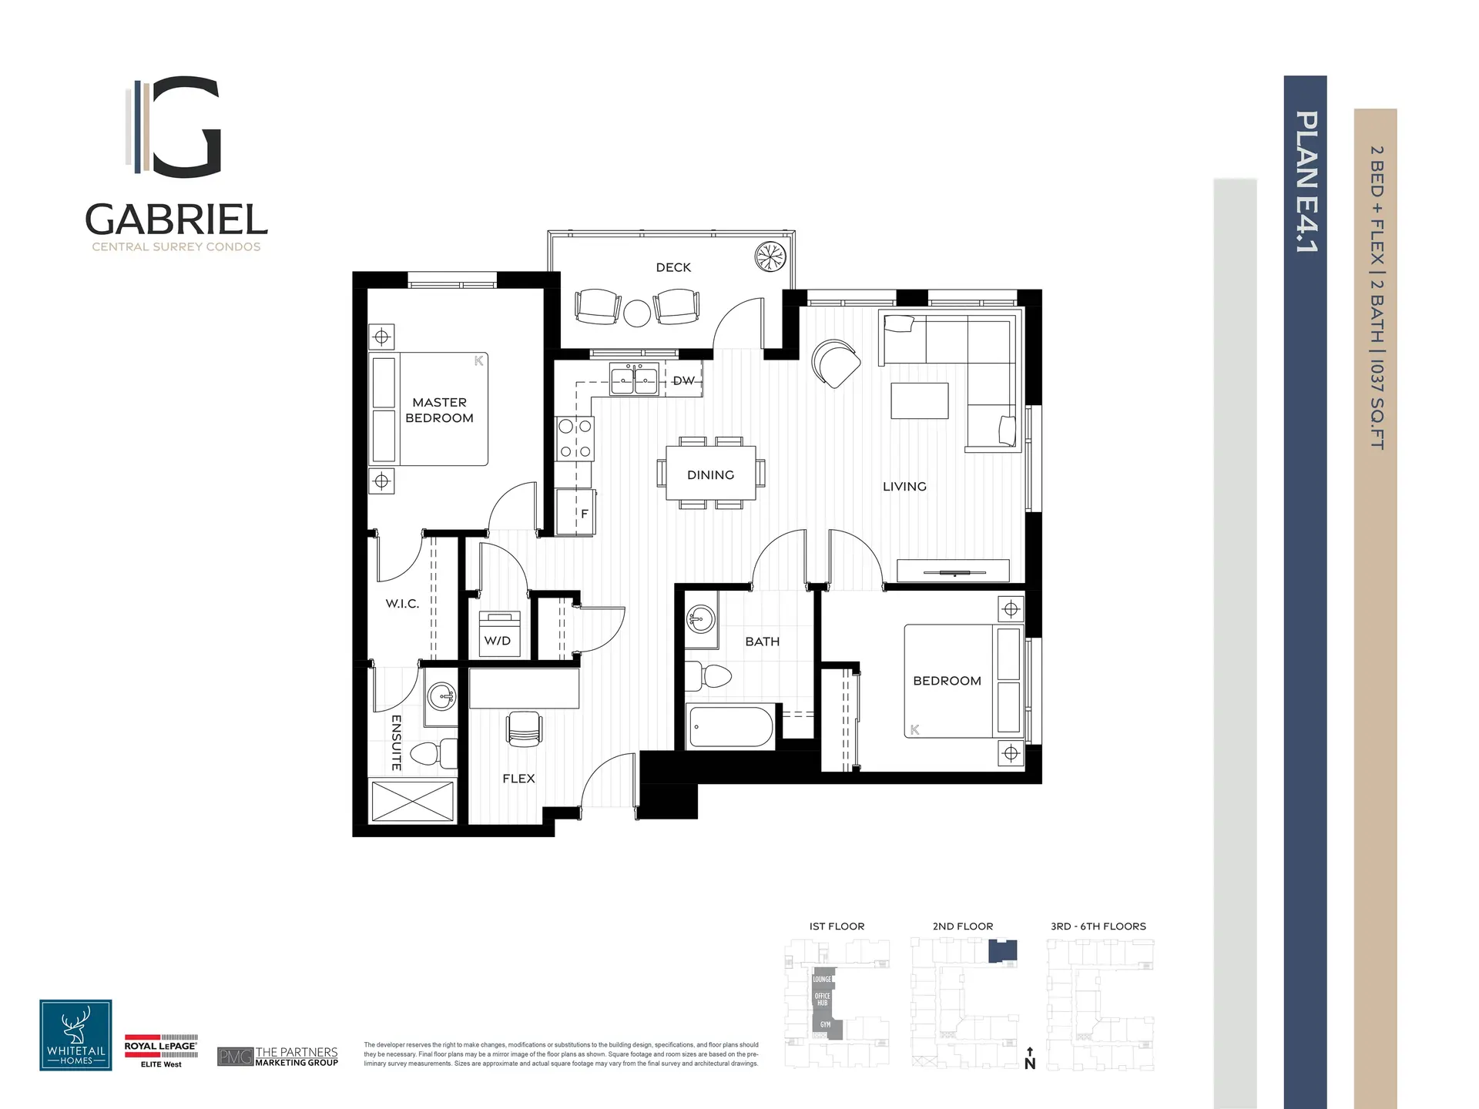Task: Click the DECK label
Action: [x=673, y=267]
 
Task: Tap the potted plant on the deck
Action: [x=770, y=256]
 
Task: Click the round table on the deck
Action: [x=637, y=313]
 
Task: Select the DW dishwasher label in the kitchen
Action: [x=683, y=380]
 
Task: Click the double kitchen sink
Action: [x=634, y=379]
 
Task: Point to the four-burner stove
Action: [x=575, y=438]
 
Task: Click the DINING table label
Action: [x=710, y=474]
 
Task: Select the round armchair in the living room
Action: [x=836, y=364]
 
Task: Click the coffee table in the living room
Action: [x=919, y=400]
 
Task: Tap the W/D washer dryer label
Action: [x=498, y=640]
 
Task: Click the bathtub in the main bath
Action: [x=730, y=727]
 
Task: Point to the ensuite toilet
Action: [x=435, y=753]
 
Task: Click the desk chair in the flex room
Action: [x=524, y=728]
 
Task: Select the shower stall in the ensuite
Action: [x=412, y=801]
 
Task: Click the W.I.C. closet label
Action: [x=402, y=603]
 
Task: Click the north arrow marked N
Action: [x=1030, y=1060]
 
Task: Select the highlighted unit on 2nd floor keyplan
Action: [x=1002, y=951]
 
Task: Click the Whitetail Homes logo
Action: [x=75, y=1035]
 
